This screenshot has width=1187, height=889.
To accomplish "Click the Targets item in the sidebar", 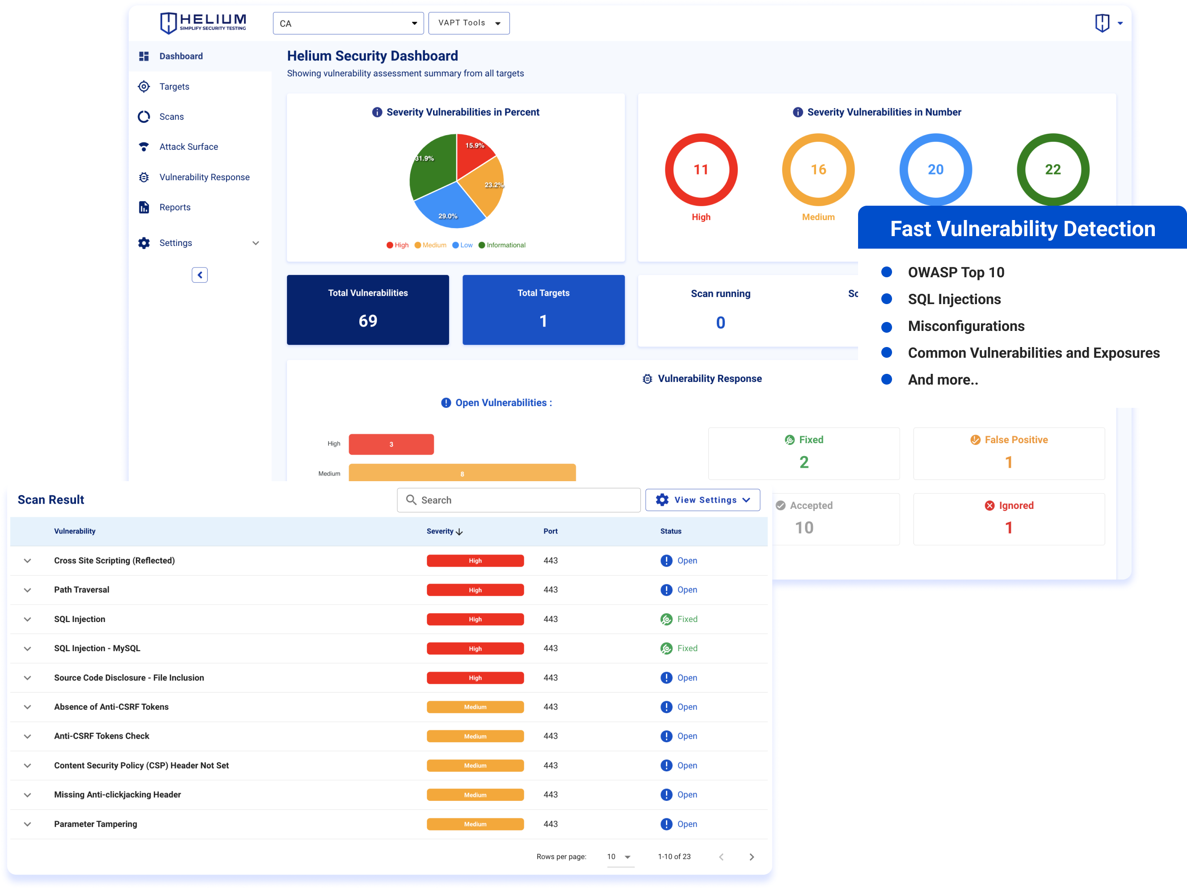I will (174, 86).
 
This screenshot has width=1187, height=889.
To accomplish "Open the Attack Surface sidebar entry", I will (188, 147).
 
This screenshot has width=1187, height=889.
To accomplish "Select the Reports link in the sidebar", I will (174, 207).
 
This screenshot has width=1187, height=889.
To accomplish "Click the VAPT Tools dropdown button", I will (468, 23).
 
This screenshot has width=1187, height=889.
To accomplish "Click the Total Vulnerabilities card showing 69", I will (367, 310).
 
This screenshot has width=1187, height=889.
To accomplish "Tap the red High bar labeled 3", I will (391, 444).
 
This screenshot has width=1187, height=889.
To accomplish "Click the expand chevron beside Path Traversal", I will (27, 590).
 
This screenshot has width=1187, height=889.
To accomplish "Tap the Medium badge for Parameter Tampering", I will (475, 824).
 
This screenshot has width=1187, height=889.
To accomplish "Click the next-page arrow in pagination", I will (751, 857).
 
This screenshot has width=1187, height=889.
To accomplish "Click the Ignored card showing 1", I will (1008, 519).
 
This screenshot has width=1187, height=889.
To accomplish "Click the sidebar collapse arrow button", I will (200, 275).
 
